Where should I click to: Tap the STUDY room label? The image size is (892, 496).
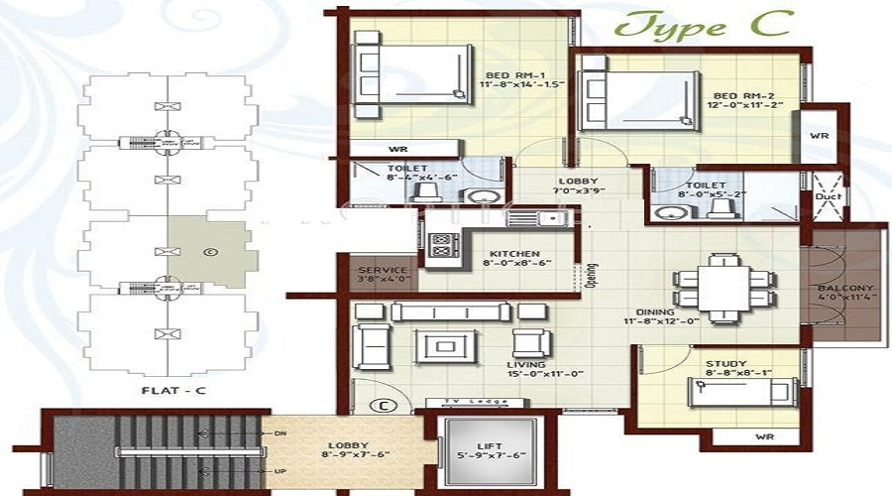click(725, 364)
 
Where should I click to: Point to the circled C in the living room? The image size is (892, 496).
click(379, 405)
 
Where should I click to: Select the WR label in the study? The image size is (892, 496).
click(764, 435)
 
